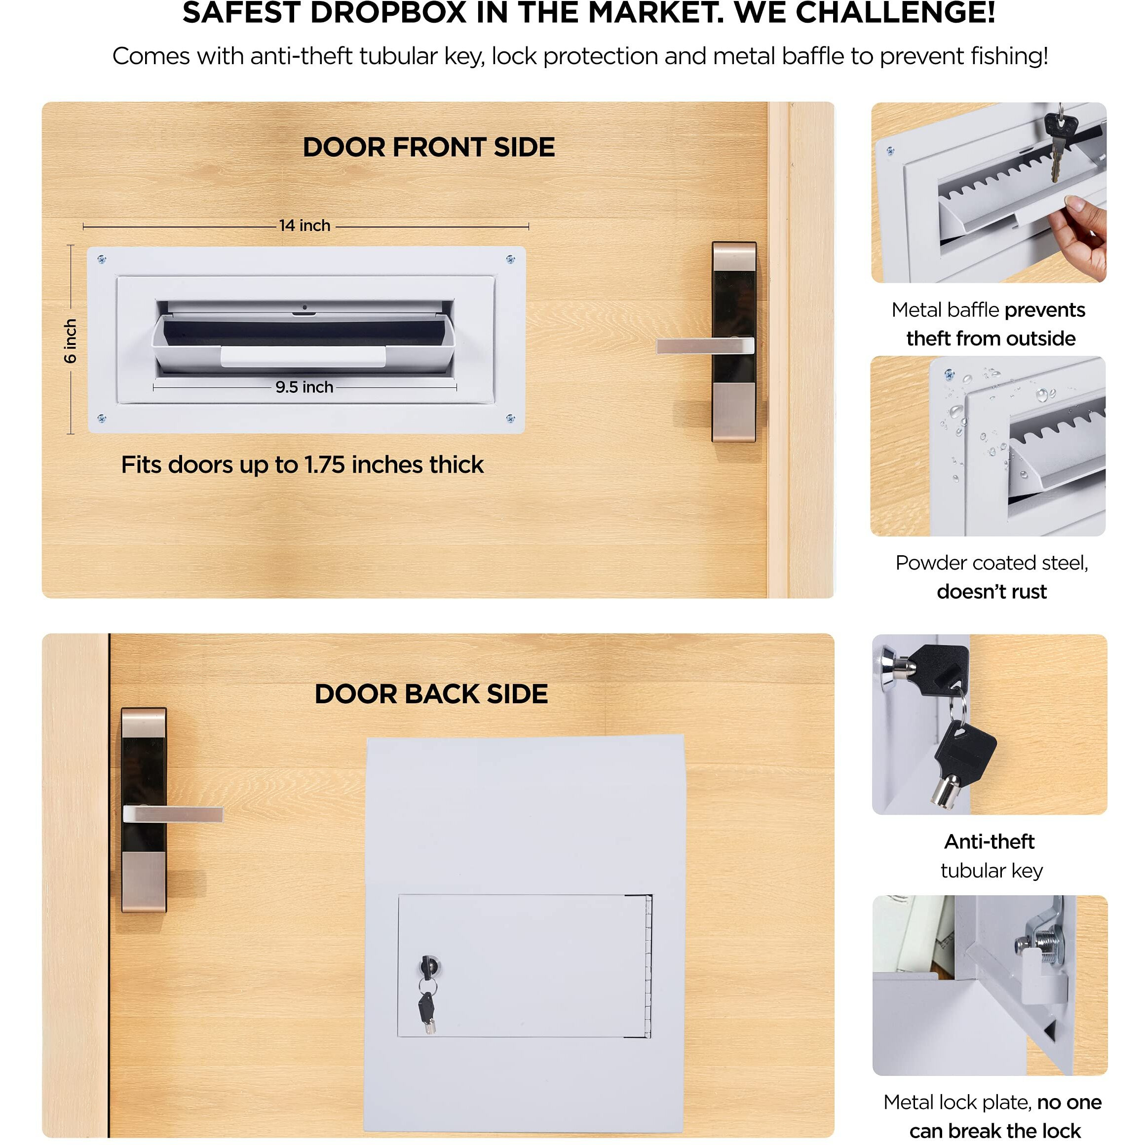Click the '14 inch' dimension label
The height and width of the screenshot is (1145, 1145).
pyautogui.click(x=305, y=226)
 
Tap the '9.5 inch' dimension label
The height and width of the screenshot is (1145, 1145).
pyautogui.click(x=304, y=387)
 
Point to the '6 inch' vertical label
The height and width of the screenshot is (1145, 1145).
pyautogui.click(x=71, y=341)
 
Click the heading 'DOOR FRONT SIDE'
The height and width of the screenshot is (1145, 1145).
pyautogui.click(x=428, y=147)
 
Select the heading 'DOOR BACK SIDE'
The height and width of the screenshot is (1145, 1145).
pyautogui.click(x=431, y=694)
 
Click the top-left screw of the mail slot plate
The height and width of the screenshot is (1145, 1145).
pyautogui.click(x=101, y=260)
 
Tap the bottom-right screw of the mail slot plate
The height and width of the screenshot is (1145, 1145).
pyautogui.click(x=510, y=419)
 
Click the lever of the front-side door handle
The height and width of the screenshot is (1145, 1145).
pyautogui.click(x=699, y=346)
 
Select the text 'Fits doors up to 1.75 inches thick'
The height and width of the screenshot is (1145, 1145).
pyautogui.click(x=302, y=464)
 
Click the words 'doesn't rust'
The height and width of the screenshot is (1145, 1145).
pyautogui.click(x=992, y=591)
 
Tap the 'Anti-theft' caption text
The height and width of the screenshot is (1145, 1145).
pyautogui.click(x=989, y=841)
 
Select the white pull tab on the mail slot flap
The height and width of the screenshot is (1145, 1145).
pyautogui.click(x=303, y=357)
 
